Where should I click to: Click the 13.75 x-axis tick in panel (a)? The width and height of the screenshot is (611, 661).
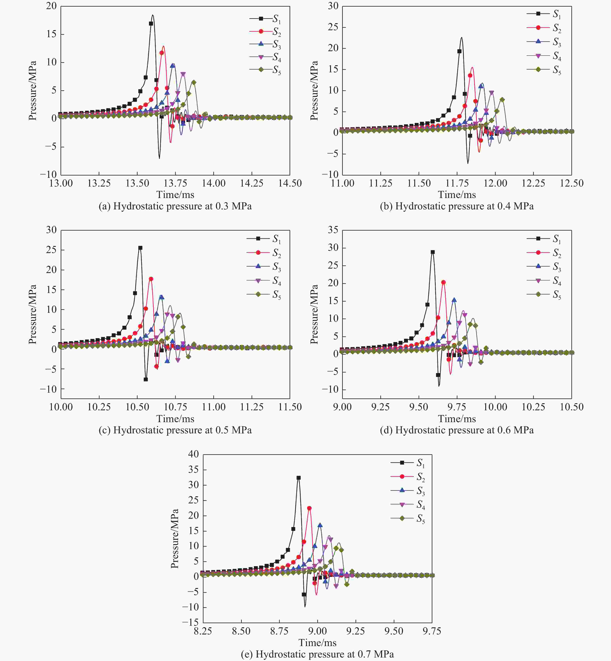[175, 183]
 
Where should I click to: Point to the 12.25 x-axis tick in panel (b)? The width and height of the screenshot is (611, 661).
[533, 183]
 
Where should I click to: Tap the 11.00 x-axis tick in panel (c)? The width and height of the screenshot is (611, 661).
[214, 407]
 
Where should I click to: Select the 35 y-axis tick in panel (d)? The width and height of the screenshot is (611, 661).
[333, 230]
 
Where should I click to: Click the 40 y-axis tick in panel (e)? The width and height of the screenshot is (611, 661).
[193, 454]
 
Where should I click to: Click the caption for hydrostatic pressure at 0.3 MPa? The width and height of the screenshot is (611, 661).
[175, 206]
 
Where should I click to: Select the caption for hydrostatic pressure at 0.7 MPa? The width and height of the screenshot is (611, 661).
[317, 654]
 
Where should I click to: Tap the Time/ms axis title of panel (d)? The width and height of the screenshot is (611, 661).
[457, 419]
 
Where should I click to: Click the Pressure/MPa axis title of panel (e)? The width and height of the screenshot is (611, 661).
[175, 538]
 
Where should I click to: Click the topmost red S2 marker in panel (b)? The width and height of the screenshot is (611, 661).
[470, 75]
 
